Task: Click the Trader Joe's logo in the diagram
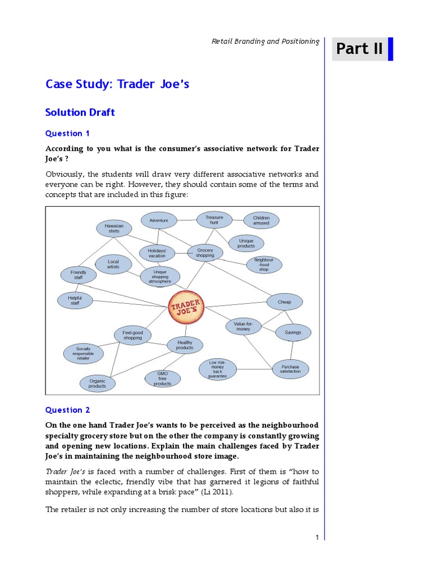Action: coord(186,307)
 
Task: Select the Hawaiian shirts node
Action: coord(114,228)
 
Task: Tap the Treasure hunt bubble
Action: coord(214,220)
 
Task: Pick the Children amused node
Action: coord(261,220)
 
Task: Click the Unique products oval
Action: coord(246,243)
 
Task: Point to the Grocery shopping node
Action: coord(205,253)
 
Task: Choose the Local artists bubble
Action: coord(113,264)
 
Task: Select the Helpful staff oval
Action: coord(75,300)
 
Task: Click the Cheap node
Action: coord(285,302)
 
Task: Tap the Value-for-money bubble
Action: coord(244,326)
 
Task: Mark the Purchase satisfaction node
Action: coord(290,369)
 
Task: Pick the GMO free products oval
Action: coord(162,378)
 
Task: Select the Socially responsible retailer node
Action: coord(83,353)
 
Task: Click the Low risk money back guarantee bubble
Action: coord(217,369)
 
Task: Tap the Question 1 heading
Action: coord(67,134)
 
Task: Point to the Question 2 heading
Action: coord(67,410)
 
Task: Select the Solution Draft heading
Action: coord(80,112)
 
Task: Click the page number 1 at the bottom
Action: coord(317,537)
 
